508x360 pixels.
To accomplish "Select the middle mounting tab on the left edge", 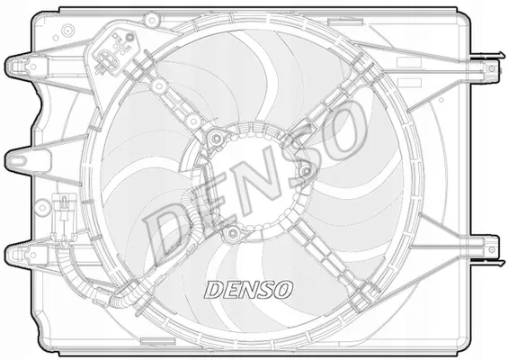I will tap(20, 159).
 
